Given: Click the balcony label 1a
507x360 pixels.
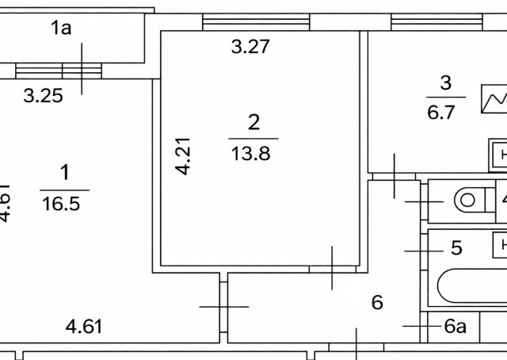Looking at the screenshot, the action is [x=61, y=29].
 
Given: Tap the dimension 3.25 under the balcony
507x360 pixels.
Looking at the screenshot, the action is [x=43, y=97].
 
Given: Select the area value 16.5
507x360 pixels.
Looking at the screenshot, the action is [x=64, y=203].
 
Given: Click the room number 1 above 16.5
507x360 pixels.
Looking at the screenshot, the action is [x=64, y=172].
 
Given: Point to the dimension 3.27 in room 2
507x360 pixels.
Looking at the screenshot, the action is [x=250, y=47].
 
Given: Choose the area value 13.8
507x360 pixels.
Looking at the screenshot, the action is [x=250, y=153].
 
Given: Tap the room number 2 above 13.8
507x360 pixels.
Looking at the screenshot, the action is [x=253, y=123].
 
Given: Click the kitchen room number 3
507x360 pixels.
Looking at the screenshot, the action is [x=444, y=82].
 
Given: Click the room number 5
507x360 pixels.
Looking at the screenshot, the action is [x=456, y=248].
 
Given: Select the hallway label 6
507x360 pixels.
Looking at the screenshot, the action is [x=378, y=302].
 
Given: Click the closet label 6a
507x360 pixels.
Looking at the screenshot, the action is [x=455, y=326].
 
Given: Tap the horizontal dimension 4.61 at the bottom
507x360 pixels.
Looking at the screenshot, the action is [x=84, y=325].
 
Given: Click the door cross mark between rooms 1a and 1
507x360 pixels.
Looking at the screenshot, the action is [x=82, y=70].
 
